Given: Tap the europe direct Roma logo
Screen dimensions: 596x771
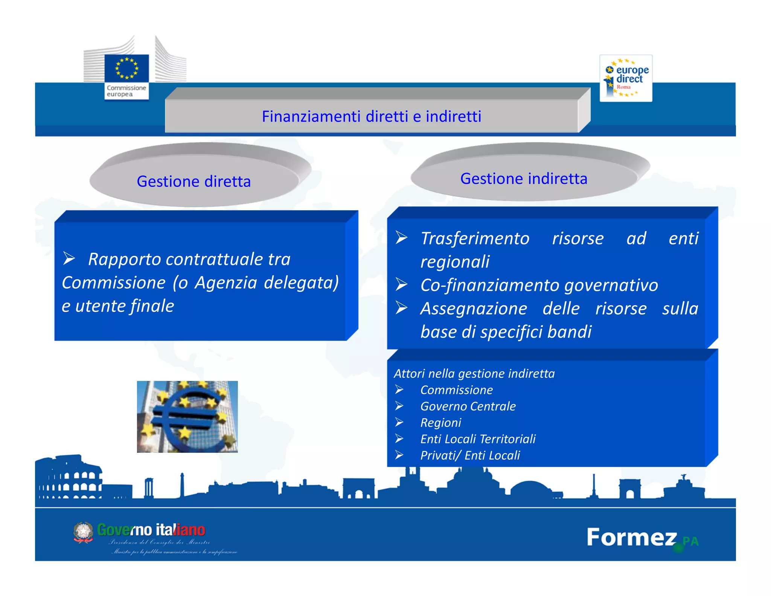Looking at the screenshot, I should (x=626, y=78).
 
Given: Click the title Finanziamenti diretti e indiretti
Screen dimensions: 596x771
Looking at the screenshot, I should (x=371, y=116).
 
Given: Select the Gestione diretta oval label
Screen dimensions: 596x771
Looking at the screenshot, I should (x=194, y=182).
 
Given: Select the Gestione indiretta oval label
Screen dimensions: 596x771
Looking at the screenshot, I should (x=523, y=179).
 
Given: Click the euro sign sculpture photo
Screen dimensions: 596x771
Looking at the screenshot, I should (x=187, y=417).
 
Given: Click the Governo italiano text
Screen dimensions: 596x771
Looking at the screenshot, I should (x=151, y=530).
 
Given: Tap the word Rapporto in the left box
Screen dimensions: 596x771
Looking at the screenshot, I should (x=124, y=260).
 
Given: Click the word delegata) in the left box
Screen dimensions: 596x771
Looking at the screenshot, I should (x=301, y=283).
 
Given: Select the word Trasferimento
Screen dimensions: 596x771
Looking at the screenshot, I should (x=475, y=238).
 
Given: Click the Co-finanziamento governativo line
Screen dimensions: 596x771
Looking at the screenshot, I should (x=539, y=285).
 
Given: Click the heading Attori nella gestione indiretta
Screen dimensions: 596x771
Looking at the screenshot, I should (x=474, y=374).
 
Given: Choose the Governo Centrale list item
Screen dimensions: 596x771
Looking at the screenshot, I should (x=468, y=407).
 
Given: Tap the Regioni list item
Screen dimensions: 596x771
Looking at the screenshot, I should (x=440, y=423).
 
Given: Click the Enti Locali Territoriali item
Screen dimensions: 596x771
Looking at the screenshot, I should (x=478, y=439).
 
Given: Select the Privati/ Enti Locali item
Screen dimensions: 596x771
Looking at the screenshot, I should (x=470, y=455).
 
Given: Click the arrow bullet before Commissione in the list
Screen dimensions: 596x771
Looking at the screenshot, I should (x=399, y=390).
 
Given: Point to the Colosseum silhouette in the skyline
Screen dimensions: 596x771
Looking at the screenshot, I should (x=70, y=478).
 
